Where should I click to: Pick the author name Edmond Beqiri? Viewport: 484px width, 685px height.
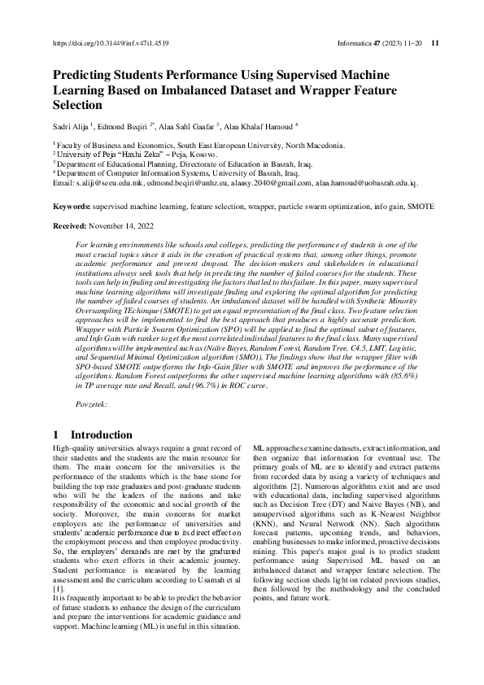click(x=125, y=126)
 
